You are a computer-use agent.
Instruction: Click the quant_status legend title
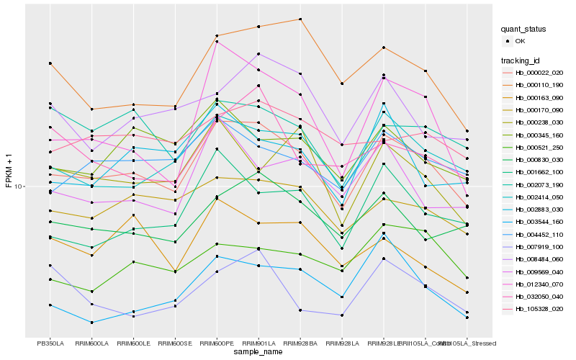(523, 29)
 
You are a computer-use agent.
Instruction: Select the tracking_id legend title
(522, 60)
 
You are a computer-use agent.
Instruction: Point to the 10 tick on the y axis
(19, 186)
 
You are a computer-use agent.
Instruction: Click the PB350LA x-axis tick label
(50, 343)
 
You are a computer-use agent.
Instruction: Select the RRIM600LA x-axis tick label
(91, 343)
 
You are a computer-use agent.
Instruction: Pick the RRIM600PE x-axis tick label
(217, 343)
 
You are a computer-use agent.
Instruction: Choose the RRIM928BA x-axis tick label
(300, 343)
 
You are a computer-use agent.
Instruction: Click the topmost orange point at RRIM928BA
(300, 19)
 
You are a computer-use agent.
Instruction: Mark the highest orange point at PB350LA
(50, 63)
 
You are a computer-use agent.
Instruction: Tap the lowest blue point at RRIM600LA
(91, 322)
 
